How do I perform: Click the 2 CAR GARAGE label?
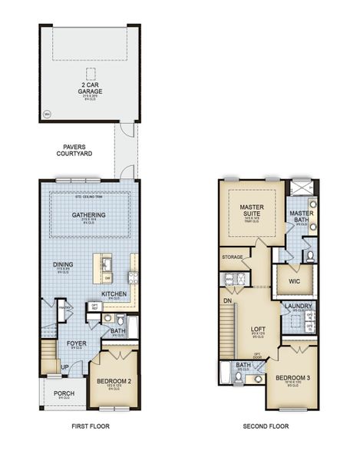click(90, 87)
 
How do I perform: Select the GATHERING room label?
click(88, 215)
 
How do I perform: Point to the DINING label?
click(63, 266)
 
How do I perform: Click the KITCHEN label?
click(114, 294)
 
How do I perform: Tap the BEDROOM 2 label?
click(113, 380)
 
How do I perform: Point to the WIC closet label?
click(293, 281)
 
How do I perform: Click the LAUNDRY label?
click(298, 307)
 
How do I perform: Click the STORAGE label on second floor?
click(233, 257)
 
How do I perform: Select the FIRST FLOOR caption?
click(89, 426)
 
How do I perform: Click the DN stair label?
click(226, 302)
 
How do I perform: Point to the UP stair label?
click(64, 368)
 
